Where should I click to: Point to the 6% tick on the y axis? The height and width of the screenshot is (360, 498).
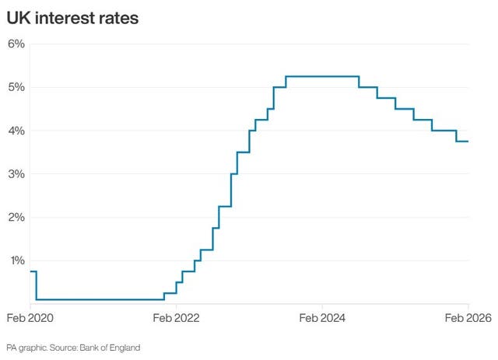tap(16, 44)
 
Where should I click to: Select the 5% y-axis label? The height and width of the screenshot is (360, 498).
tap(16, 87)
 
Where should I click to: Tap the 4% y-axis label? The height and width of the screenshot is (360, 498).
tap(16, 131)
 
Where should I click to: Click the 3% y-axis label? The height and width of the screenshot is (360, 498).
tap(16, 174)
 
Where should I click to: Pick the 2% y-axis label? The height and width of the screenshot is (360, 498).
tap(16, 217)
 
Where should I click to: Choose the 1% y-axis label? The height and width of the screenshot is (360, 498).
tap(16, 260)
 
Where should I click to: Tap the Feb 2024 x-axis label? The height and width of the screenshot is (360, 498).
tap(321, 317)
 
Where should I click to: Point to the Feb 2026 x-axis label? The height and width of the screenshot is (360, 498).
tap(468, 317)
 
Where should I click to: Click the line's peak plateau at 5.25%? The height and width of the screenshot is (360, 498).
tap(322, 76)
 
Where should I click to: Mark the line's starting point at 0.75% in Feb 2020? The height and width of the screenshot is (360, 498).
tap(30, 271)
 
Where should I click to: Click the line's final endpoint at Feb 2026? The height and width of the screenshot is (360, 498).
tap(468, 141)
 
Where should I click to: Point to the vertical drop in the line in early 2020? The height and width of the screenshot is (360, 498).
tap(36, 285)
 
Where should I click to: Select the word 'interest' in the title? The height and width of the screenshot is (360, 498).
tap(64, 17)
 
